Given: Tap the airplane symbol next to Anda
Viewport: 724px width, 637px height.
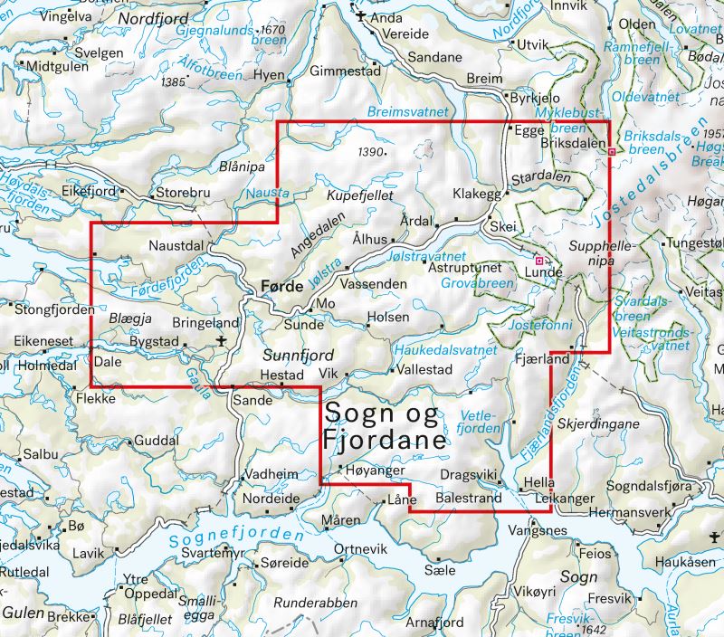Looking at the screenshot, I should coord(361,16).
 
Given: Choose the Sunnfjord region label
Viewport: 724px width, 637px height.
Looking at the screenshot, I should coord(299,354).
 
